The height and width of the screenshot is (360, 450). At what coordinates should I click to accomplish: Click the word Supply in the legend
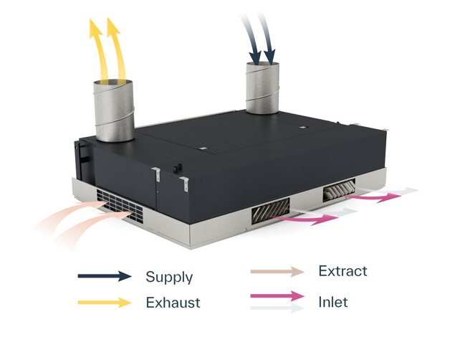(x=168, y=277)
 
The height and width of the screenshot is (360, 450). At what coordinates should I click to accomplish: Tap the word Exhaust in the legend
(x=173, y=303)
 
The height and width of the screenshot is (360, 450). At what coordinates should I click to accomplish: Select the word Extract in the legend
(x=343, y=271)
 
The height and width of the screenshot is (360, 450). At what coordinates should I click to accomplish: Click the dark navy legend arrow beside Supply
(x=105, y=276)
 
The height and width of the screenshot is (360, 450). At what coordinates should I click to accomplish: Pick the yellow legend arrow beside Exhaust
(x=105, y=303)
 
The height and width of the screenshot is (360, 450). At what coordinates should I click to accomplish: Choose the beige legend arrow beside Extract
(x=277, y=272)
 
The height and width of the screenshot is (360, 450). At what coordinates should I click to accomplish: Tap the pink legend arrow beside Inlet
(x=277, y=295)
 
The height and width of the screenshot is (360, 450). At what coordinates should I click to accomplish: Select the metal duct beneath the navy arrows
(x=264, y=87)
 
